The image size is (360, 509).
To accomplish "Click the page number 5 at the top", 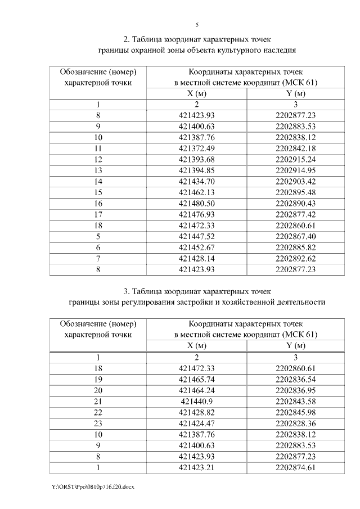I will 197,25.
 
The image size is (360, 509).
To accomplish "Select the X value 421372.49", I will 197,148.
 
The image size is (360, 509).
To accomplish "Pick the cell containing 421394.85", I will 197,170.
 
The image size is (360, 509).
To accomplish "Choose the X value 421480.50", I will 197,204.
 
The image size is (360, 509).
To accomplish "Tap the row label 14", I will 98,182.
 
